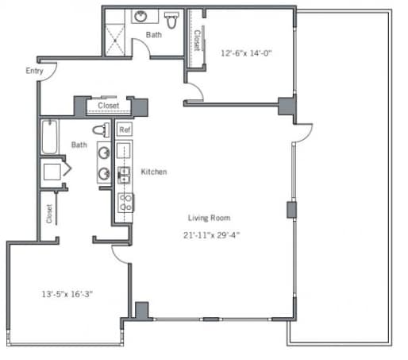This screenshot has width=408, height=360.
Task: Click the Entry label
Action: click(x=34, y=71)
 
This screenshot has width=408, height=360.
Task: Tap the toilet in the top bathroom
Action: click(x=171, y=20)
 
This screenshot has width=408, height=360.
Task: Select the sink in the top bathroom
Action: click(x=140, y=17)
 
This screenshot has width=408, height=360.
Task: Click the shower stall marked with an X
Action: click(x=115, y=40)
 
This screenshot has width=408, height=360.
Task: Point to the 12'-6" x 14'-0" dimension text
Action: click(x=246, y=53)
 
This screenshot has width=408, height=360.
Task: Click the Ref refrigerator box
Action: click(x=125, y=130)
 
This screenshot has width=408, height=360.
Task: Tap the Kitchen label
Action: click(x=154, y=172)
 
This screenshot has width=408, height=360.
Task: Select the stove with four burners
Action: click(x=125, y=203)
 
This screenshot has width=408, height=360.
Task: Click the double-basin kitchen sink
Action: click(x=124, y=175)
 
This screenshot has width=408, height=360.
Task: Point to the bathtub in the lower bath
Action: click(x=50, y=137)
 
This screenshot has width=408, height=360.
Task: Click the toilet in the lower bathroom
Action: click(x=101, y=130)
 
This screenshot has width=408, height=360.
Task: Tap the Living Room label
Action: click(x=209, y=218)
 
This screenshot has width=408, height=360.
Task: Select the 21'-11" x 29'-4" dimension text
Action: click(x=211, y=235)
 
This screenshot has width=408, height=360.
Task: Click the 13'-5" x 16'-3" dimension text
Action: click(x=67, y=294)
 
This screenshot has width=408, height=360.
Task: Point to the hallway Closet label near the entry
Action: click(x=109, y=106)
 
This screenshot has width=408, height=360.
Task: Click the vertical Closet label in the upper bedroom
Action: click(x=198, y=40)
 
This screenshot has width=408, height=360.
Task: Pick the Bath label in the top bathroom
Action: click(x=154, y=35)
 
